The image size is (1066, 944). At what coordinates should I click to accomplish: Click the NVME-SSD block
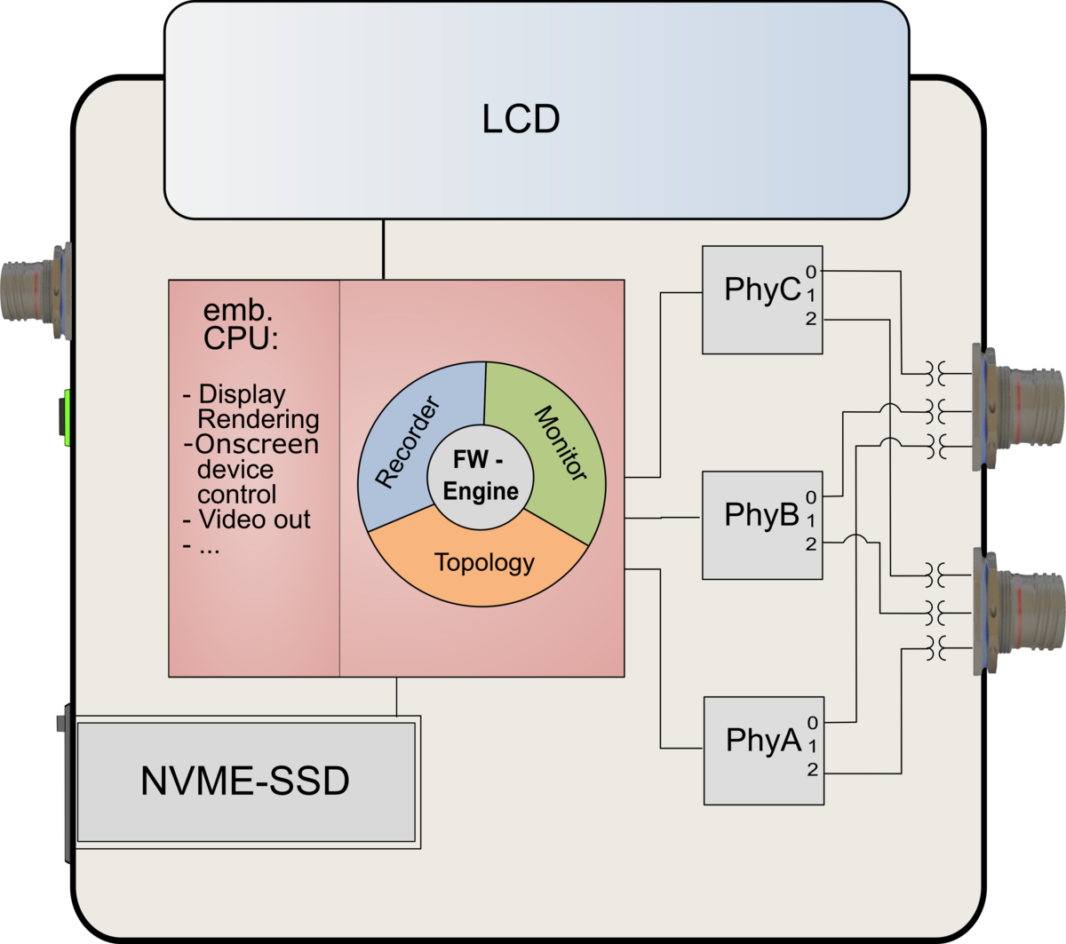(x=246, y=781)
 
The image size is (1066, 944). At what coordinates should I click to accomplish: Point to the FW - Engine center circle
(x=481, y=477)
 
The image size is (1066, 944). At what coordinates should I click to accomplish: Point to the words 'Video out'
(x=254, y=520)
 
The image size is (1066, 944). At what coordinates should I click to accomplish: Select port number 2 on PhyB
(x=811, y=544)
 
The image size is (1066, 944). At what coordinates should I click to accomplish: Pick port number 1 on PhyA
(x=812, y=747)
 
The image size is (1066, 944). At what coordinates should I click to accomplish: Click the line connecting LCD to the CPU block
(x=384, y=250)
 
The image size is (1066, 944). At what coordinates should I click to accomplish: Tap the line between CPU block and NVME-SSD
(x=396, y=696)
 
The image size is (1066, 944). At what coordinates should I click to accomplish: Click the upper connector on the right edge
(x=1022, y=405)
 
